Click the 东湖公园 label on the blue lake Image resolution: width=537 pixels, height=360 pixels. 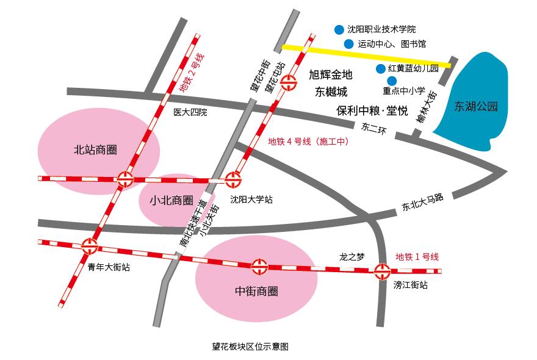pos(476,106)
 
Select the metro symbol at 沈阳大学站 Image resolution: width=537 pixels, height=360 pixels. pos(233,179)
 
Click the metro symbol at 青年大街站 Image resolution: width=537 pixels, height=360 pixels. pos(90,246)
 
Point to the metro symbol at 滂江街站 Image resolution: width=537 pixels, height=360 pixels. pos(383,271)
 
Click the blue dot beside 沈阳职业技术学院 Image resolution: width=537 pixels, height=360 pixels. pos(339,29)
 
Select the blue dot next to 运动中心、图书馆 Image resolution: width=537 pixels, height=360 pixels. pos(348,43)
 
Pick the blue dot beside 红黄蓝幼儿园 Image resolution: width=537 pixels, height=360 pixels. pos(380,68)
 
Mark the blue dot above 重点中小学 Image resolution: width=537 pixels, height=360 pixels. pos(392,81)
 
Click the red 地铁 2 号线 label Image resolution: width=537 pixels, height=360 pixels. pos(190,73)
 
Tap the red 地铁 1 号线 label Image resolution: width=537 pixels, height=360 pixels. pos(417,257)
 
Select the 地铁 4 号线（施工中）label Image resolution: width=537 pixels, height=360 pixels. pos(308,142)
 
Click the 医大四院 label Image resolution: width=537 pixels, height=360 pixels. pos(190,112)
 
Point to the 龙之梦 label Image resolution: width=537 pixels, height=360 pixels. pos(351,257)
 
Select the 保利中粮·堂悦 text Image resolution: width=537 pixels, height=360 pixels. pos(372,110)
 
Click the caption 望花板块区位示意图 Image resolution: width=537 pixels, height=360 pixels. pos(250,346)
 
